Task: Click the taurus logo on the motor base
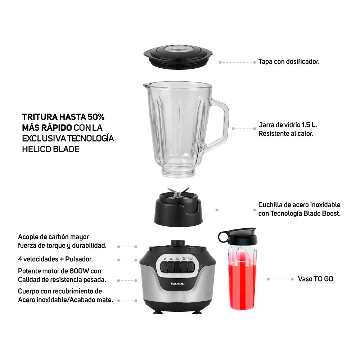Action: [x=177, y=284]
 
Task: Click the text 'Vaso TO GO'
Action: [x=315, y=279]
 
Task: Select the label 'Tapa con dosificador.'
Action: [x=289, y=62]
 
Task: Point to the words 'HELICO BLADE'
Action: [x=50, y=149]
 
